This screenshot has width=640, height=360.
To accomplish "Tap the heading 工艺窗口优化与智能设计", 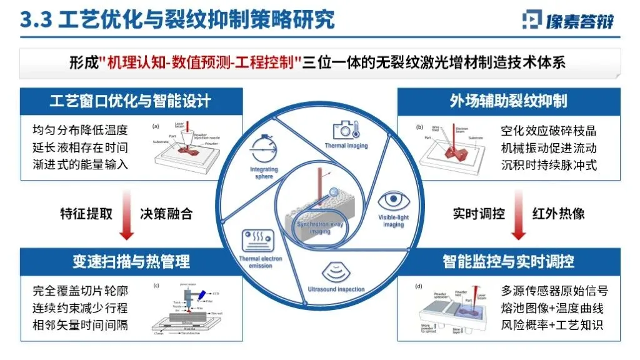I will click(x=130, y=101).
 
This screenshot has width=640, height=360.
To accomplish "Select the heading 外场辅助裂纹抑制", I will click(x=508, y=101).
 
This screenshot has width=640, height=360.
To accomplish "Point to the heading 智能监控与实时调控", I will click(x=508, y=261).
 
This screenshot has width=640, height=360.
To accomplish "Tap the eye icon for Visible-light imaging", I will click(x=393, y=201).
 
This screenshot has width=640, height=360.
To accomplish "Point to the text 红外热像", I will click(x=558, y=213).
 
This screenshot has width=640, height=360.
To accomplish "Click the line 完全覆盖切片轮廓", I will click(x=80, y=291).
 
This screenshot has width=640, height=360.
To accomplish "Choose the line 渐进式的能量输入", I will click(x=80, y=165).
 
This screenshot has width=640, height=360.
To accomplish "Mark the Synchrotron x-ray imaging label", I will click(x=320, y=227).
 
